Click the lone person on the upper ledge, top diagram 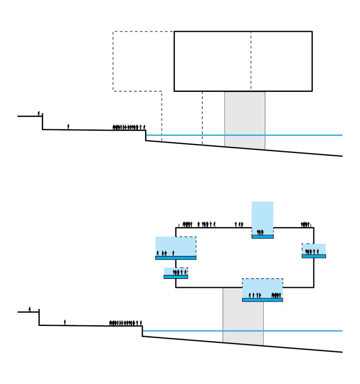(x=39, y=113)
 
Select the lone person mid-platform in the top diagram (x=68, y=127)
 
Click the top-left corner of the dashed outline (x=113, y=31)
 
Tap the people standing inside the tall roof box (x=260, y=232)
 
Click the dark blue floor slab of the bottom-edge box (x=262, y=300)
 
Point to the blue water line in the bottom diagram (x=300, y=331)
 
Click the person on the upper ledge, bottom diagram (x=30, y=309)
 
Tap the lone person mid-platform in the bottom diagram (x=65, y=322)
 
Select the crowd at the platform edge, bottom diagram (x=125, y=323)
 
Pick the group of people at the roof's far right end (x=305, y=225)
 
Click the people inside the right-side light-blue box (x=312, y=252)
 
